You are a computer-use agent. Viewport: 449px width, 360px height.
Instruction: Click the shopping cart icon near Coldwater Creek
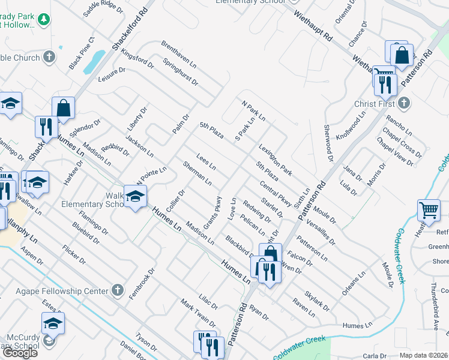429,211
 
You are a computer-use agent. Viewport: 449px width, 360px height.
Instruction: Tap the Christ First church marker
404,104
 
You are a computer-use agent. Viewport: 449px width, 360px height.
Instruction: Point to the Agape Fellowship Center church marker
118,291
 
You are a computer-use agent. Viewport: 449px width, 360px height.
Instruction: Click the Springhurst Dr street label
181,71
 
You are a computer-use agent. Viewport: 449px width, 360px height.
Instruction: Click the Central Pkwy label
276,194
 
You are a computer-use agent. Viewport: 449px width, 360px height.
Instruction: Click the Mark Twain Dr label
197,314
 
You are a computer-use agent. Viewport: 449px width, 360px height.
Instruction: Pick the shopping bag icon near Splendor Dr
63,108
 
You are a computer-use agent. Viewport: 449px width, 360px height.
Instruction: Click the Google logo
20,353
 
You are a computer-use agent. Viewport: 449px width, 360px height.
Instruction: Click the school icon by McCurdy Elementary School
53,323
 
